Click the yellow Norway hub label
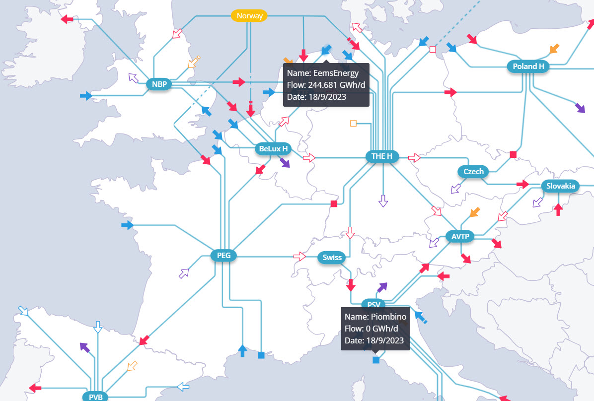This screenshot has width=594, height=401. point(249,16)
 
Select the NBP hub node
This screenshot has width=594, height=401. point(159,84)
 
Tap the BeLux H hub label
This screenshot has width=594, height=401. point(274,148)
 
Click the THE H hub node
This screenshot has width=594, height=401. point(382,156)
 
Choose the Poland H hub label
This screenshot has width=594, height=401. point(528,67)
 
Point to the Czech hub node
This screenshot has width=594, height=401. point(473,172)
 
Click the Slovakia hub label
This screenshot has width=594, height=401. point(561,187)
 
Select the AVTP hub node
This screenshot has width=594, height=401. point(460,237)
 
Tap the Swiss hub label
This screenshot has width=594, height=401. point(332,258)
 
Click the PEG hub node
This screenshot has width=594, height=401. point(223,256)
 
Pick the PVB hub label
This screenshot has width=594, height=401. point(95,397)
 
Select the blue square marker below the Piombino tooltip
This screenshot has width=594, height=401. point(376,360)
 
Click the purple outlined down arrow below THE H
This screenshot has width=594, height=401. point(383,200)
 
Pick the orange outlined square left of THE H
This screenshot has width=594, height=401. point(354,123)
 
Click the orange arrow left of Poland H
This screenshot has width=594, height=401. point(554,49)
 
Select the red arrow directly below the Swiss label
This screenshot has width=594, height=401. point(351,285)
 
